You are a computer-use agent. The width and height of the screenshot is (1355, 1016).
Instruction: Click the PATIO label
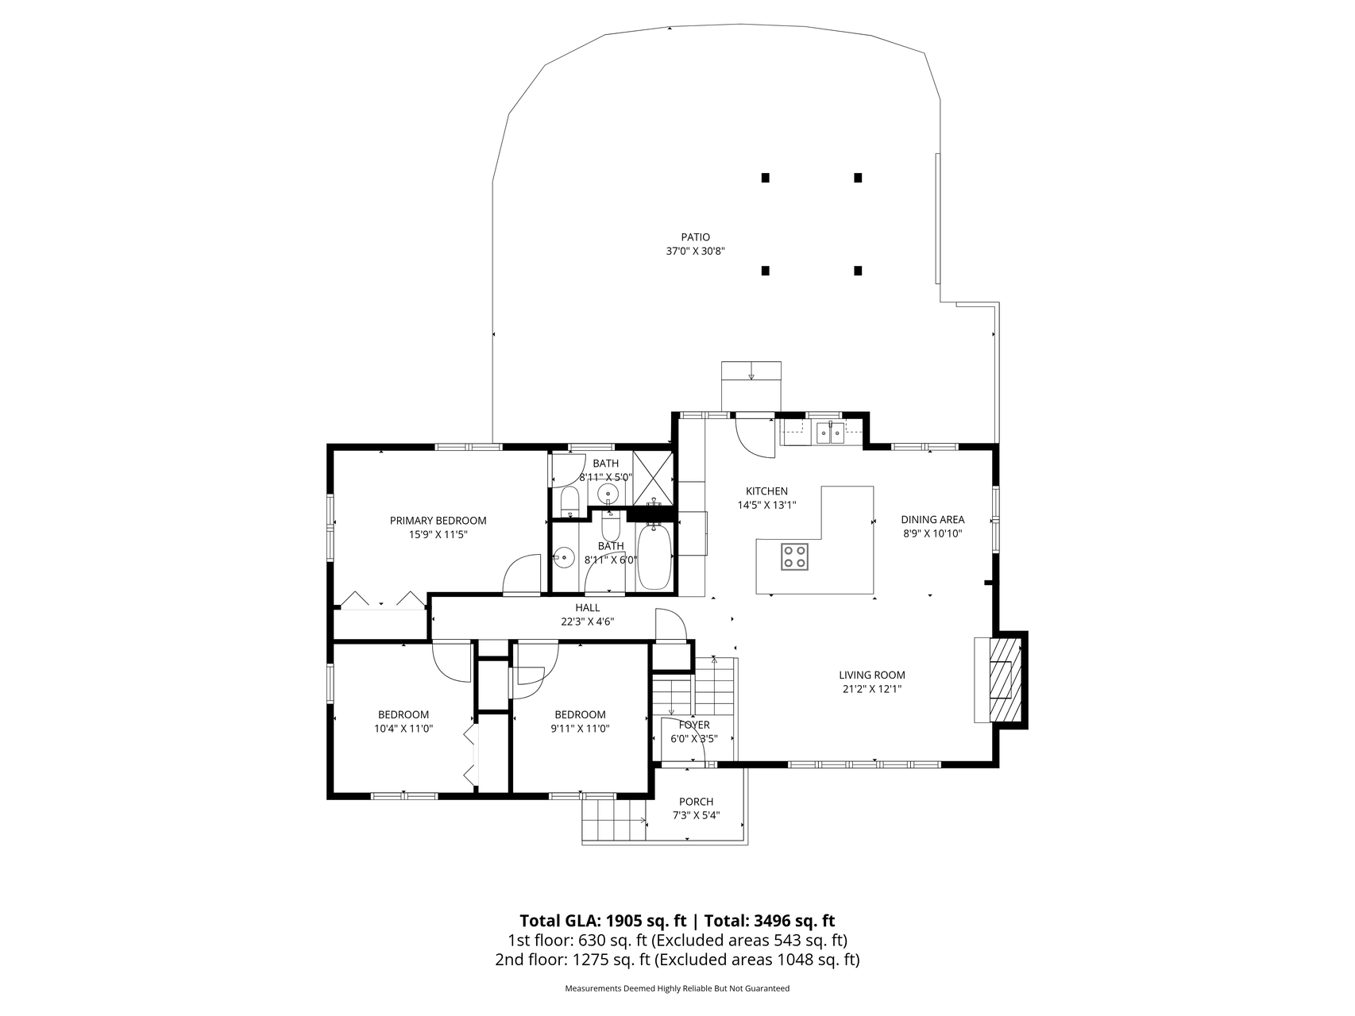pos(695,237)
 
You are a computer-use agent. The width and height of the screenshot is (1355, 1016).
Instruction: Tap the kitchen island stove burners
pos(795,556)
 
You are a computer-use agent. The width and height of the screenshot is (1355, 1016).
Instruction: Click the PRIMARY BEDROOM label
pos(438,521)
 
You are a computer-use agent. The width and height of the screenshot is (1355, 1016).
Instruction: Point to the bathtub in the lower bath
pos(654,555)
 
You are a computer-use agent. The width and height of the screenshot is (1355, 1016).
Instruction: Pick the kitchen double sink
pos(831,433)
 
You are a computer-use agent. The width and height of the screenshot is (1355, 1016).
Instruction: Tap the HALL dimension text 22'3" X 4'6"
pos(588,622)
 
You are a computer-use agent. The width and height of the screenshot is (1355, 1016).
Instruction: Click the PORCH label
pos(697,802)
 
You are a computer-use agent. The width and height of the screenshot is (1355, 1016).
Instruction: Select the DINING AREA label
pos(932,520)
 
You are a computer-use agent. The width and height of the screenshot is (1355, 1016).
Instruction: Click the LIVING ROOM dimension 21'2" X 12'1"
pos(872,689)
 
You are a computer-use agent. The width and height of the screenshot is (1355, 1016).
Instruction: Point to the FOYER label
pos(694,725)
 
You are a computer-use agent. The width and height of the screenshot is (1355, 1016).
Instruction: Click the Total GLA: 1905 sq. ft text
pos(603,921)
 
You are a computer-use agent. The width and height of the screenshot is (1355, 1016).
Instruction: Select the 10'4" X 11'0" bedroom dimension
pos(403,729)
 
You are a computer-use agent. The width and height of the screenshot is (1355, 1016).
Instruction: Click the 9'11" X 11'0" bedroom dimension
pos(580,729)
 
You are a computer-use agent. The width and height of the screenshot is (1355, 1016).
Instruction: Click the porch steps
pos(614,819)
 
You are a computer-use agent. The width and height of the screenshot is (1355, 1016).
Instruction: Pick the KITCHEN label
pos(766,491)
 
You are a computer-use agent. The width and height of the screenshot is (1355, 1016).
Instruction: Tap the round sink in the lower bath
pos(564,557)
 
